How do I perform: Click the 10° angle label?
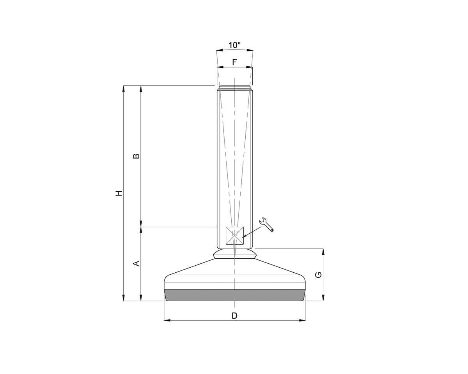234,45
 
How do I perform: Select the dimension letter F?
234,62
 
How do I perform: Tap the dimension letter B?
136,156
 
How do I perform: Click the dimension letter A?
136,264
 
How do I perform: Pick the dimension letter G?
318,275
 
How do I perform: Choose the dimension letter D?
234,316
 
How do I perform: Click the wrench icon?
266,224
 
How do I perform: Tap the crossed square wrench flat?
235,236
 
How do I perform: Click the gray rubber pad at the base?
234,295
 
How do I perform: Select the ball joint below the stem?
234,254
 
